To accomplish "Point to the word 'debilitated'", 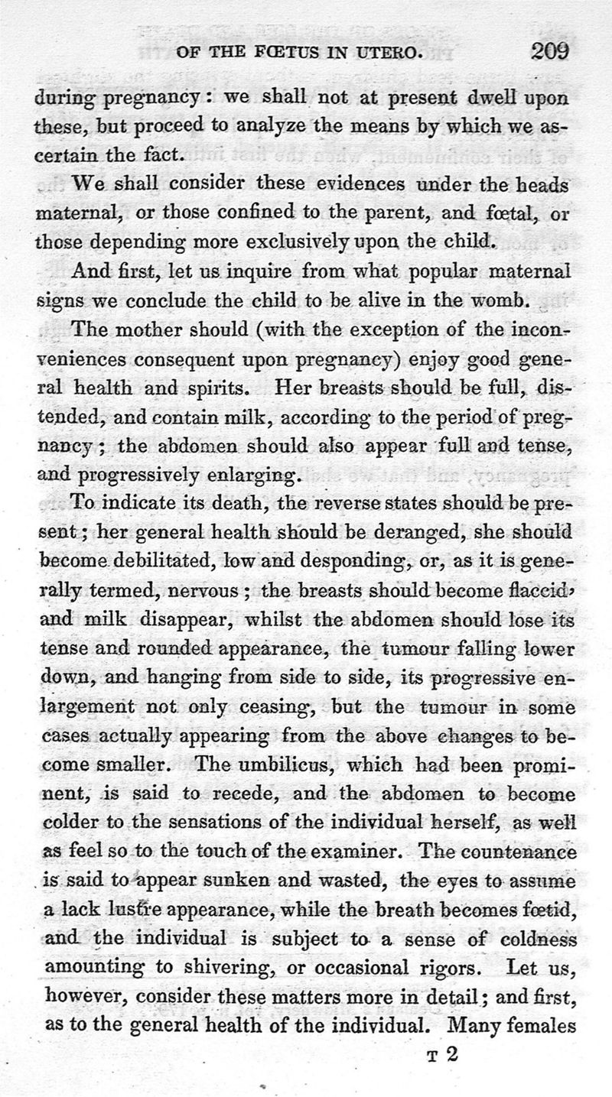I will tap(158, 560).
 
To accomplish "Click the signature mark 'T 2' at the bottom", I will tap(443, 1054).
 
